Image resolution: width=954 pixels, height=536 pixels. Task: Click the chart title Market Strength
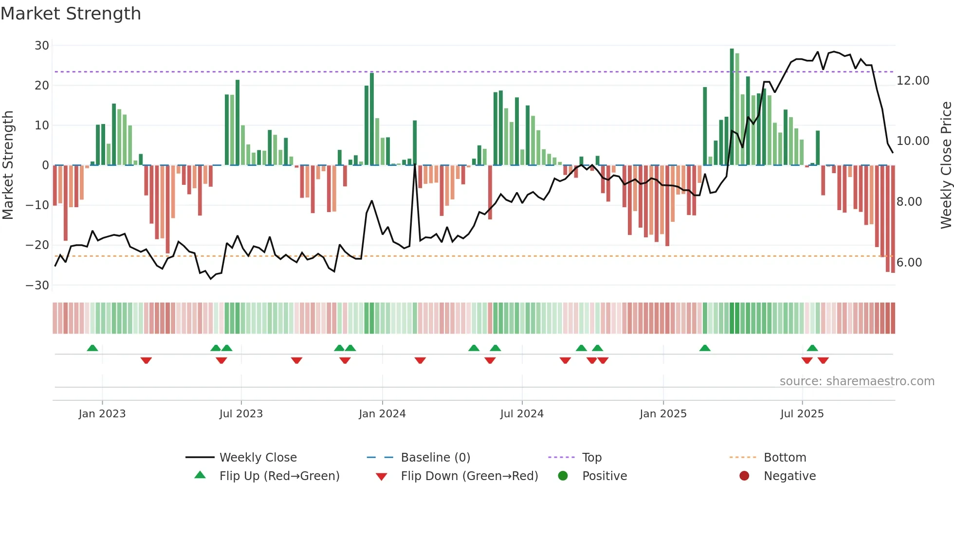71,14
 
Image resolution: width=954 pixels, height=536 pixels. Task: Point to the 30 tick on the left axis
42,46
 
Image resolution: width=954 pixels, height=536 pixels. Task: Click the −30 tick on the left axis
38,286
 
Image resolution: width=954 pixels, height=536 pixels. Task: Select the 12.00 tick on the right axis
913,81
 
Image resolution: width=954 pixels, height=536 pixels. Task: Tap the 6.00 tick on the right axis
909,263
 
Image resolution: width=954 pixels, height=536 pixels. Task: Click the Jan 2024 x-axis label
382,414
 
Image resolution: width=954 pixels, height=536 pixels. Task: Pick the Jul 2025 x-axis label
802,414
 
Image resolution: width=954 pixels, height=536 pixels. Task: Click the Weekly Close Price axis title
946,165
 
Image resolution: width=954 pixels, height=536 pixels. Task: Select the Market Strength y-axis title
8,165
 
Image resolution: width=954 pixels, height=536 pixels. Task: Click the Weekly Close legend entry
257,458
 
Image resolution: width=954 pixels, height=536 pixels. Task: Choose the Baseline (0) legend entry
435,458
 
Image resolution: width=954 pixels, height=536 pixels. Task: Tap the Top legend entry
591,458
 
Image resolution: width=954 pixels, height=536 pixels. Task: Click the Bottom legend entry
785,458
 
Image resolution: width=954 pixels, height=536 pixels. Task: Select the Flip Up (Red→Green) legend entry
279,476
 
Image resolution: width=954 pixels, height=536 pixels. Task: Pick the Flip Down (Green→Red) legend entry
469,476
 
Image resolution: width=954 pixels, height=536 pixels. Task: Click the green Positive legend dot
563,476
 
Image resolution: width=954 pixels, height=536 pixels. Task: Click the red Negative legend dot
744,476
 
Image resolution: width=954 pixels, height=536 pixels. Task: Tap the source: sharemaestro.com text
857,381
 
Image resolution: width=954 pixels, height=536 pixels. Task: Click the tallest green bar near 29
732,107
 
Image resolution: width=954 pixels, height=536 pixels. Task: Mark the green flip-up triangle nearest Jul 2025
812,348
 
